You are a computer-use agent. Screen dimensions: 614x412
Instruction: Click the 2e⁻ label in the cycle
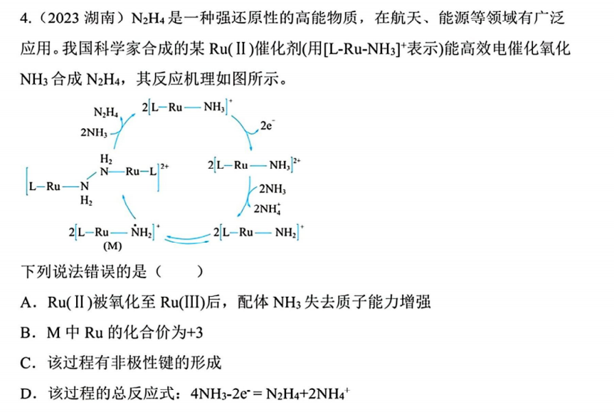tap(268, 125)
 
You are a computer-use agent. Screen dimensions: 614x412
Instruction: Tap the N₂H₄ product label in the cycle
tap(106, 113)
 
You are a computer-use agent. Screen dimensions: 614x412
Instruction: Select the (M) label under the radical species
tap(112, 246)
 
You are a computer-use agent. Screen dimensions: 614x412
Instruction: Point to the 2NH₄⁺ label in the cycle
tap(268, 208)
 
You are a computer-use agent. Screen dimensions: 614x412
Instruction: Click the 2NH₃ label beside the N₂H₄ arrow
tap(94, 133)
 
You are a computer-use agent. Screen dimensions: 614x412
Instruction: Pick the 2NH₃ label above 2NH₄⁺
tap(272, 189)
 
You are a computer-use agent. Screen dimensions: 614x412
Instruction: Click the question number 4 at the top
tap(24, 18)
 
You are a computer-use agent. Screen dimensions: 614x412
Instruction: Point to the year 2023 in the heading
tap(63, 18)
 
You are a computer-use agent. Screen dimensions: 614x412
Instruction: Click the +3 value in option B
tap(195, 333)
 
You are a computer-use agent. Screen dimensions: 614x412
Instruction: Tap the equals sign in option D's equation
tap(257, 393)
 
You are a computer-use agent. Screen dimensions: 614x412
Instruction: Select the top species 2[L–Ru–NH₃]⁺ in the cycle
tap(187, 107)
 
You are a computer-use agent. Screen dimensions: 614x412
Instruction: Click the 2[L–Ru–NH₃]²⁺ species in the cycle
tap(254, 165)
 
